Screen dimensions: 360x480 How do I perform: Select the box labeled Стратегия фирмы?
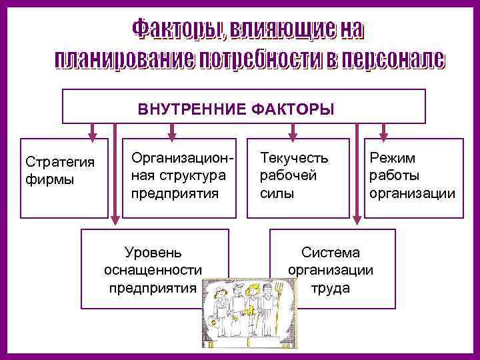[x=63, y=178]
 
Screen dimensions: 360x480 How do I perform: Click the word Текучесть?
[x=294, y=158]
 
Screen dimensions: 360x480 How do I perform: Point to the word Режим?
[x=393, y=158]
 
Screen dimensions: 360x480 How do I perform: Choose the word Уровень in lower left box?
[x=153, y=253]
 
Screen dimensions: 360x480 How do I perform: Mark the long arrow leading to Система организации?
[x=357, y=173]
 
